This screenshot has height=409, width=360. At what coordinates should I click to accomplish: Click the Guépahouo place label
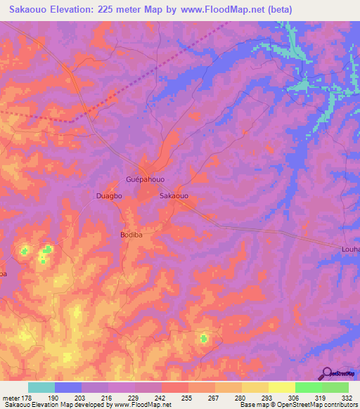coord(144,180)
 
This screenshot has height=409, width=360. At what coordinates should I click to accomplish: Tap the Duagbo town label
coord(109,197)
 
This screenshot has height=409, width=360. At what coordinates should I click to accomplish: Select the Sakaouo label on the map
coord(174,197)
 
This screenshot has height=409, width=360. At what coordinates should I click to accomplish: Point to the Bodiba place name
coord(131,235)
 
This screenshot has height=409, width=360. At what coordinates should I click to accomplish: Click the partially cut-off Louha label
coord(350,249)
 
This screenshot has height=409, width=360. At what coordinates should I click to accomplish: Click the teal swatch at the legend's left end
coord(41,387)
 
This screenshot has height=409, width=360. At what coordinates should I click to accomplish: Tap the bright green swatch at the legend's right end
coord(335,387)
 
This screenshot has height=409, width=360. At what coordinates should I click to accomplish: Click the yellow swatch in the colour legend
coord(281,387)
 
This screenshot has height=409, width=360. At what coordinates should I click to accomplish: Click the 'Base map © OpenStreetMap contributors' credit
coord(297,405)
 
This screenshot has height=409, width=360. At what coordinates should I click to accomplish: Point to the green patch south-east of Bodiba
coord(204,339)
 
